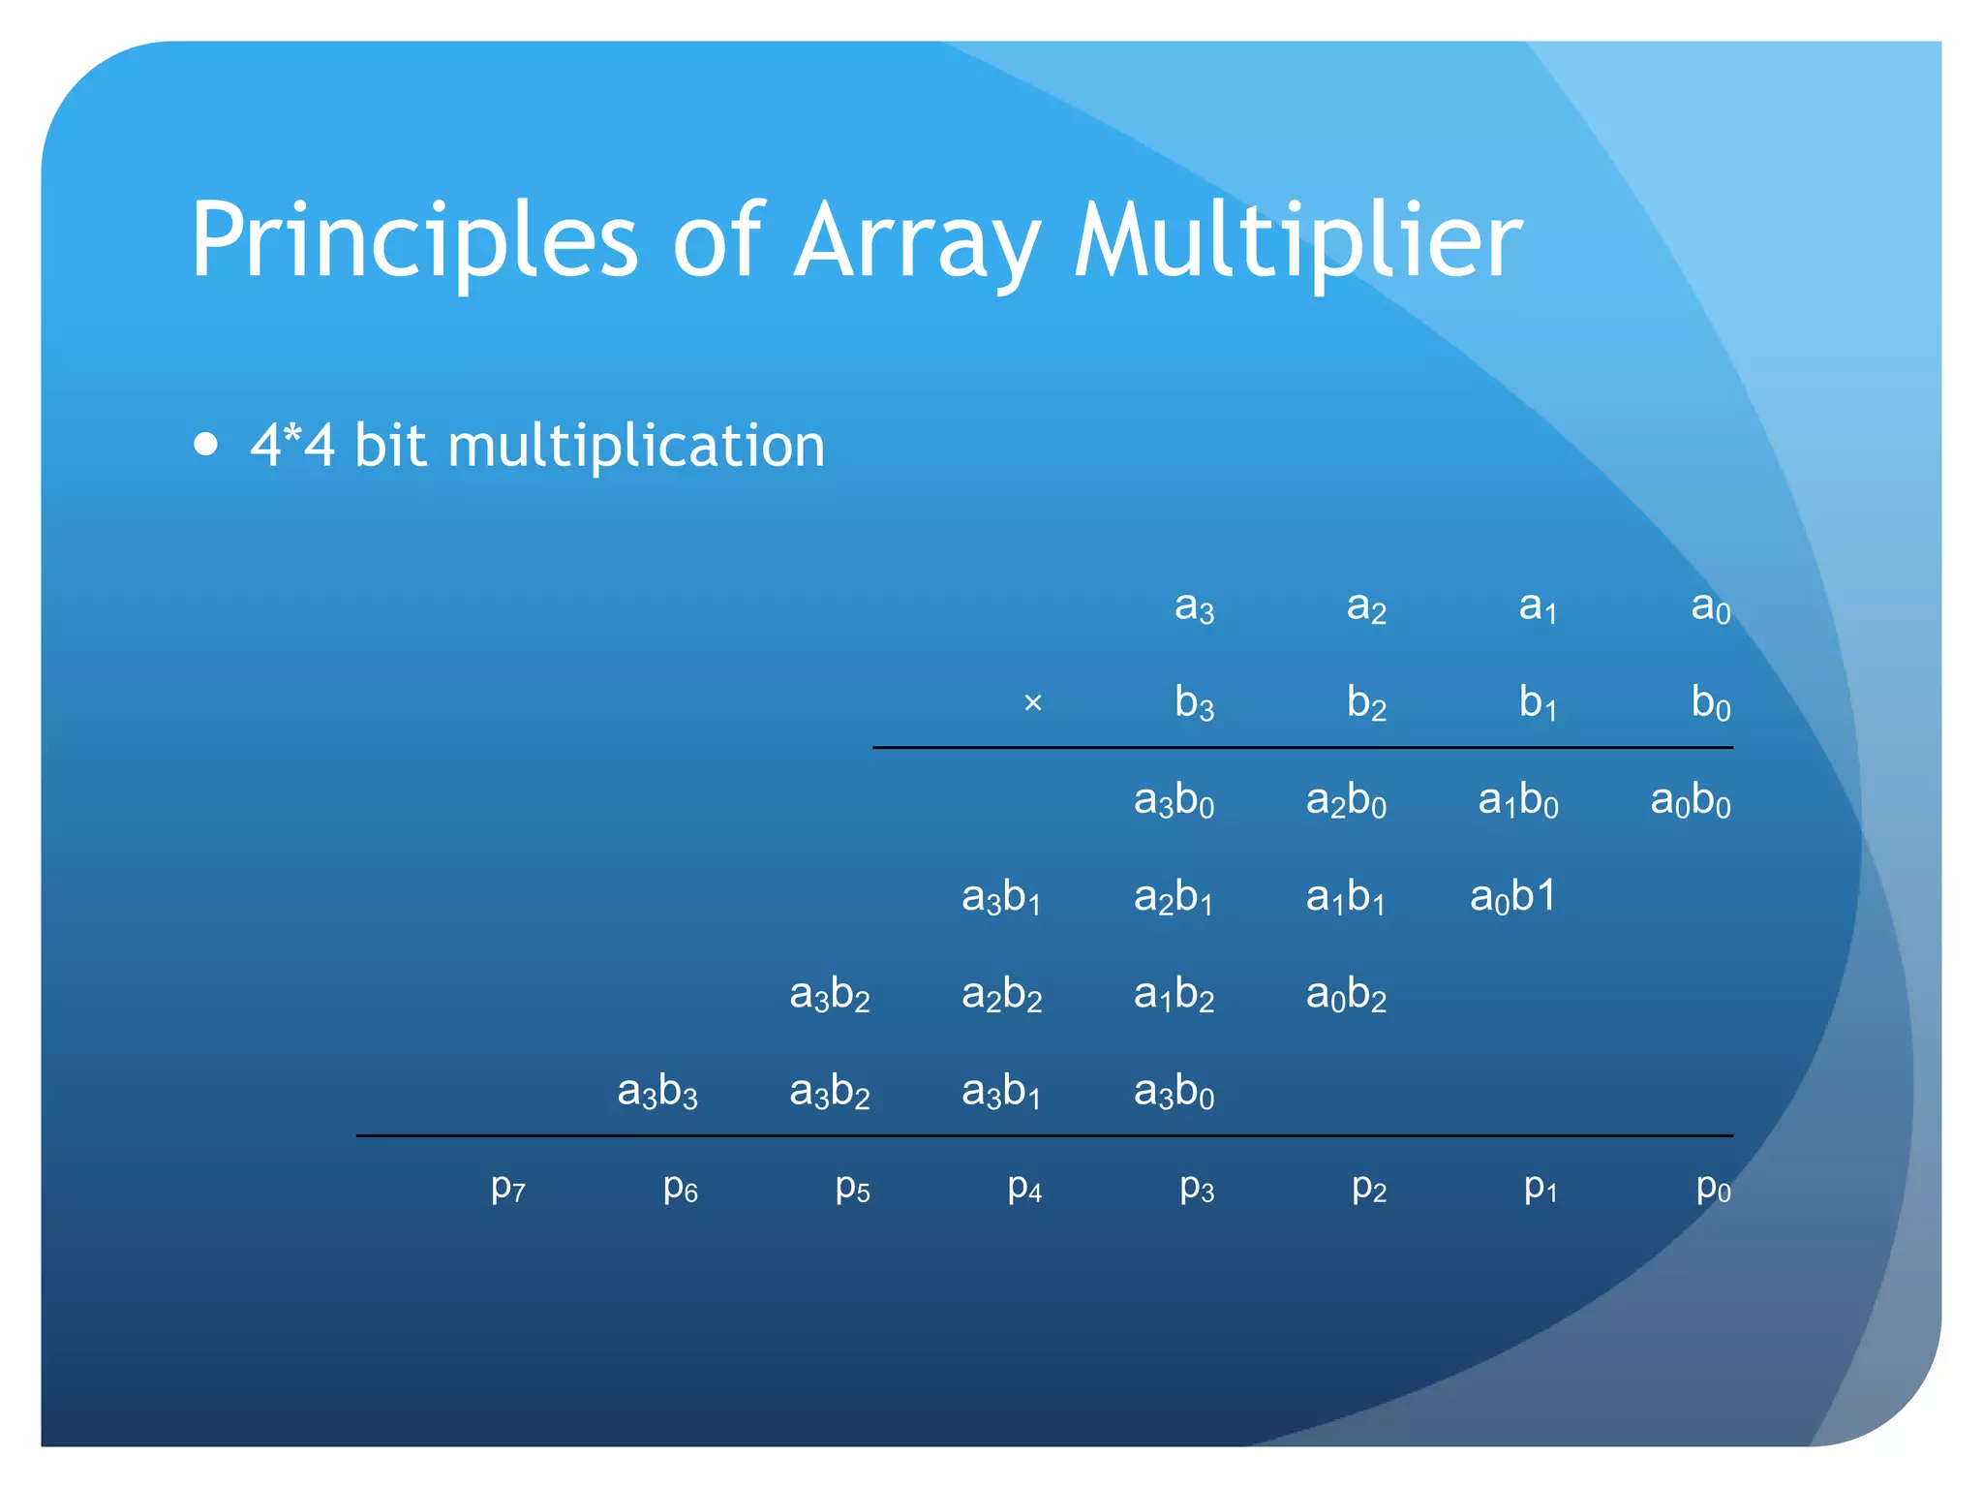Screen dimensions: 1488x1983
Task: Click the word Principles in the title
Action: [x=414, y=240]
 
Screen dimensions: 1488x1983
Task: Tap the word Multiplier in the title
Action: [x=1298, y=240]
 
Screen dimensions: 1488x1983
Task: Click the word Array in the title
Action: [x=917, y=240]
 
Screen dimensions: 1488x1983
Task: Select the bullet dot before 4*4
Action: [x=205, y=445]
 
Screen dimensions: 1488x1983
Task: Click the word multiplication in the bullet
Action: [x=636, y=446]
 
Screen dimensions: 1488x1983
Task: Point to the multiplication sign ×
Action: [x=1032, y=702]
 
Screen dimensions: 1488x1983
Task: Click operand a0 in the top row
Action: [x=1710, y=607]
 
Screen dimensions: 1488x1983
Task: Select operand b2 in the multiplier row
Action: [x=1366, y=702]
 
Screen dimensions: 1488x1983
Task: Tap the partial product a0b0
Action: [x=1690, y=801]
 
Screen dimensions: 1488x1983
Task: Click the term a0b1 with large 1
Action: [x=1512, y=896]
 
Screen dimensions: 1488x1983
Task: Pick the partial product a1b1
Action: [x=1345, y=897]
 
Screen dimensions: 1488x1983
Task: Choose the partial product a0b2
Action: [x=1346, y=995]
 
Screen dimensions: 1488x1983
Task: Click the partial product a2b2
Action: [x=1001, y=995]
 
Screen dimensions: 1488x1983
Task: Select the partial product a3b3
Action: [x=657, y=1092]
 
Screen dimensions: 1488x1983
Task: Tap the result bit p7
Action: [x=508, y=1187]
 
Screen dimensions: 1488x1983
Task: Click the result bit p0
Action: [x=1713, y=1187]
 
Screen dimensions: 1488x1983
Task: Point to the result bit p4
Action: [x=1024, y=1187]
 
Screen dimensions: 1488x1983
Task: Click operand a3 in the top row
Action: [x=1194, y=607]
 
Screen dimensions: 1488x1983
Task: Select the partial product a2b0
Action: [x=1346, y=801]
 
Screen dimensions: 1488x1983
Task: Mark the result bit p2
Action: [x=1369, y=1187]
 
